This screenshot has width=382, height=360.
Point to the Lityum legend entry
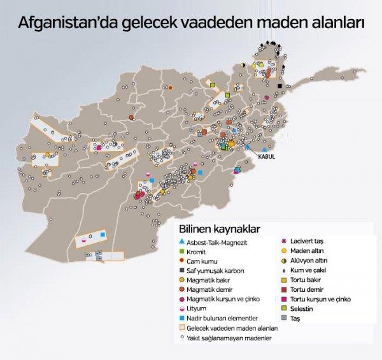click(x=199, y=308)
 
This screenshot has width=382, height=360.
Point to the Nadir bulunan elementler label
click(x=222, y=318)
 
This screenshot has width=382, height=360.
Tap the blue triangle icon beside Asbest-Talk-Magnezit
click(x=181, y=242)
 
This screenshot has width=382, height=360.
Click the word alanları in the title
click(x=333, y=24)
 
